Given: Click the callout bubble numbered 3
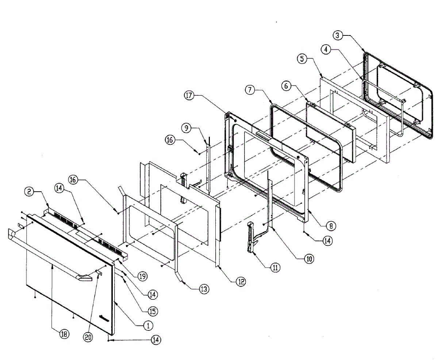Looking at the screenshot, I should point(338,35).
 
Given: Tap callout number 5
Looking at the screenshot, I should point(302,59).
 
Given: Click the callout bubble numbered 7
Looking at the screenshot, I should point(250,91).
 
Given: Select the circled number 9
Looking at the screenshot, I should point(186,128).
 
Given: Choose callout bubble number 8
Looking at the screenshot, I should point(331,226).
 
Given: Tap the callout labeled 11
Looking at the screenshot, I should point(275,267).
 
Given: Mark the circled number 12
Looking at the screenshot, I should point(241,282).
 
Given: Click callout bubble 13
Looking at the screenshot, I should point(204,289).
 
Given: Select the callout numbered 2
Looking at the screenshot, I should point(29,191).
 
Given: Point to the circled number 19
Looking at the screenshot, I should point(143,276).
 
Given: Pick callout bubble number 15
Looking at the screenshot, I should point(153,311).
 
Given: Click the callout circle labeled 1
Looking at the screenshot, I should point(148,325).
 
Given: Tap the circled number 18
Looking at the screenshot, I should point(65,334).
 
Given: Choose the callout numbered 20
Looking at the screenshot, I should point(88,337).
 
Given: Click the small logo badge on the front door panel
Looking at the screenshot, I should point(104,318).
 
